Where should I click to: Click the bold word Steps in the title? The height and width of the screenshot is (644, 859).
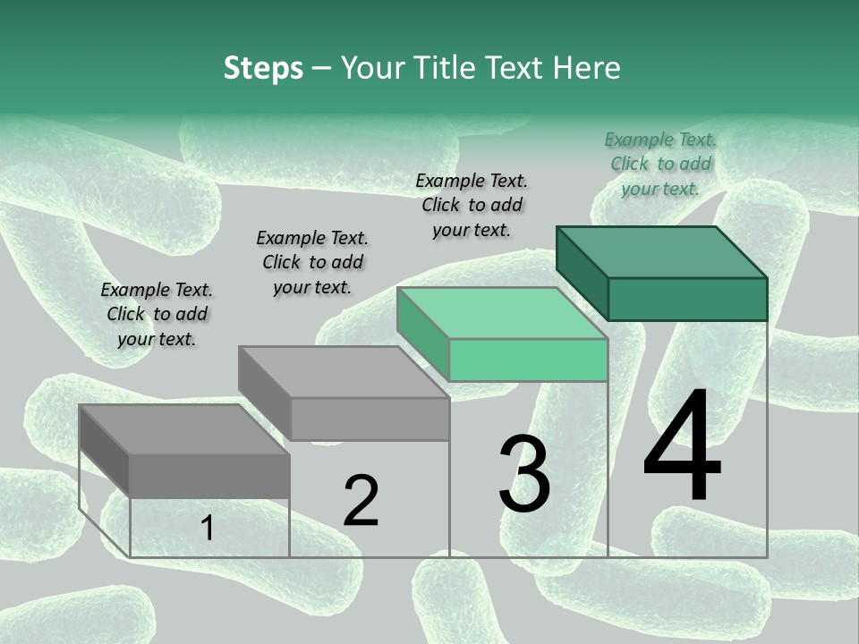263,68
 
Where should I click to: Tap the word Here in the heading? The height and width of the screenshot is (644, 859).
587,68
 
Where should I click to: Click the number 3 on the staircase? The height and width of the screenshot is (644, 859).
524,474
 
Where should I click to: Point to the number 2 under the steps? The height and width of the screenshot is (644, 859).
361,501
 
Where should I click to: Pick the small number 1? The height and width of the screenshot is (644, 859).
207,529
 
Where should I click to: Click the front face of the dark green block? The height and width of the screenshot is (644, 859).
687,299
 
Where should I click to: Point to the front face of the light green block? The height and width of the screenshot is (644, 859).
528,360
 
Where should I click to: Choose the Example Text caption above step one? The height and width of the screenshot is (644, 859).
157,314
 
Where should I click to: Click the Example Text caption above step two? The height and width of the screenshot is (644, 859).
312,262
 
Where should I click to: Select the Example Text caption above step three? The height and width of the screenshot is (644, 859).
472,205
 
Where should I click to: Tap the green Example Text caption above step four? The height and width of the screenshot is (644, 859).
660,164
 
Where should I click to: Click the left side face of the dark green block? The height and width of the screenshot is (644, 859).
582,273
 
